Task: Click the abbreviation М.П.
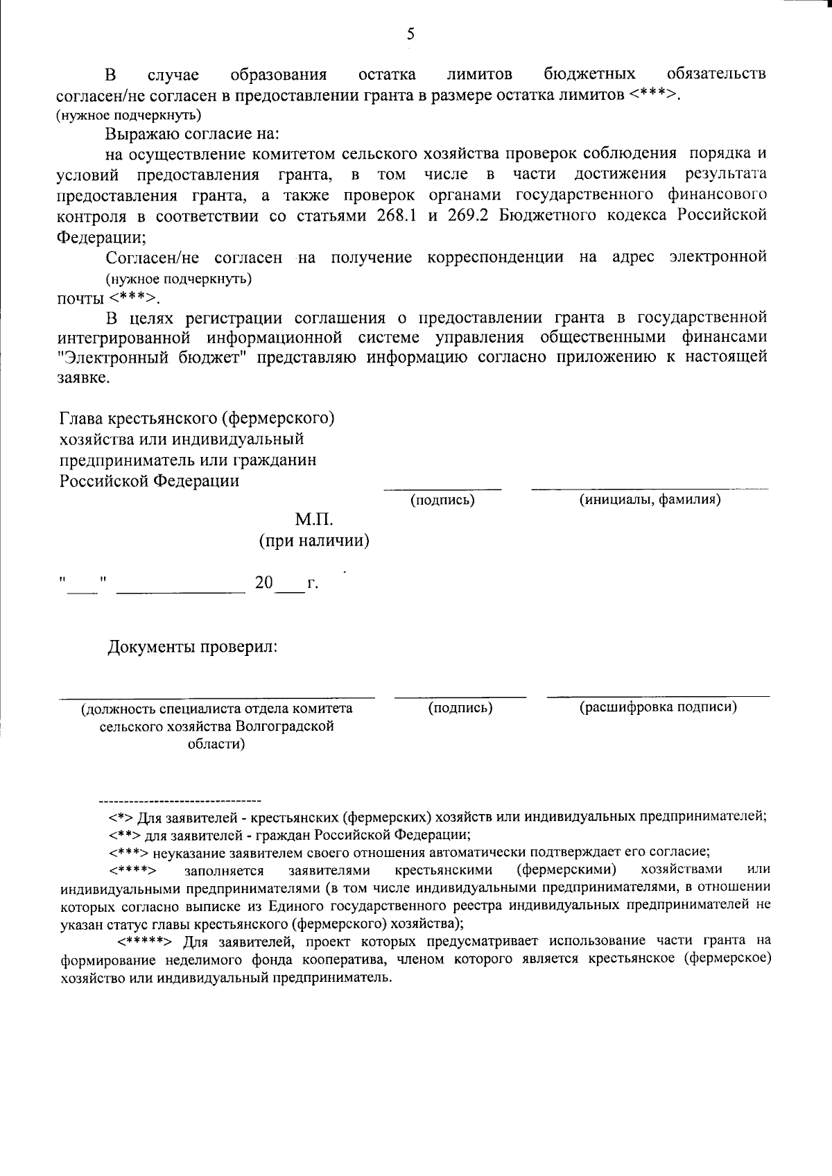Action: tap(314, 519)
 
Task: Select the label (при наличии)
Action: tap(313, 541)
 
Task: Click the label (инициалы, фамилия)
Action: tap(650, 500)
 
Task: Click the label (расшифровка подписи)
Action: tap(657, 707)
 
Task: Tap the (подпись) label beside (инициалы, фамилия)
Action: tap(442, 501)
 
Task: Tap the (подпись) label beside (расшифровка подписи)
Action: tap(460, 708)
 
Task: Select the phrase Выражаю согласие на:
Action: tap(193, 133)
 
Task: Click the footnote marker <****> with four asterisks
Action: tap(132, 870)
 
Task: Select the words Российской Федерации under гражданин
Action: tap(149, 481)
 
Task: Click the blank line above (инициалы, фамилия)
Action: tap(650, 488)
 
